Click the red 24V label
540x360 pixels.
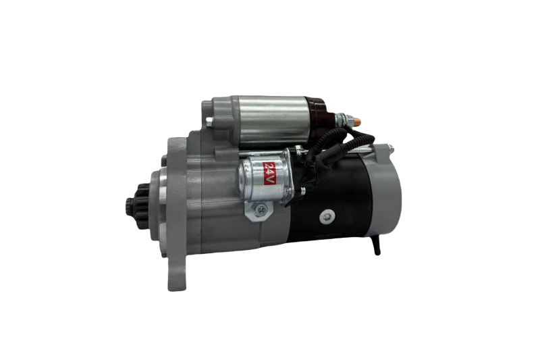(269, 174)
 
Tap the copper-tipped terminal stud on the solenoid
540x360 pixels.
(357, 122)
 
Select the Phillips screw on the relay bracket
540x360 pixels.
(261, 209)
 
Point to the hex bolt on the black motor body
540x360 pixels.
(326, 217)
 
